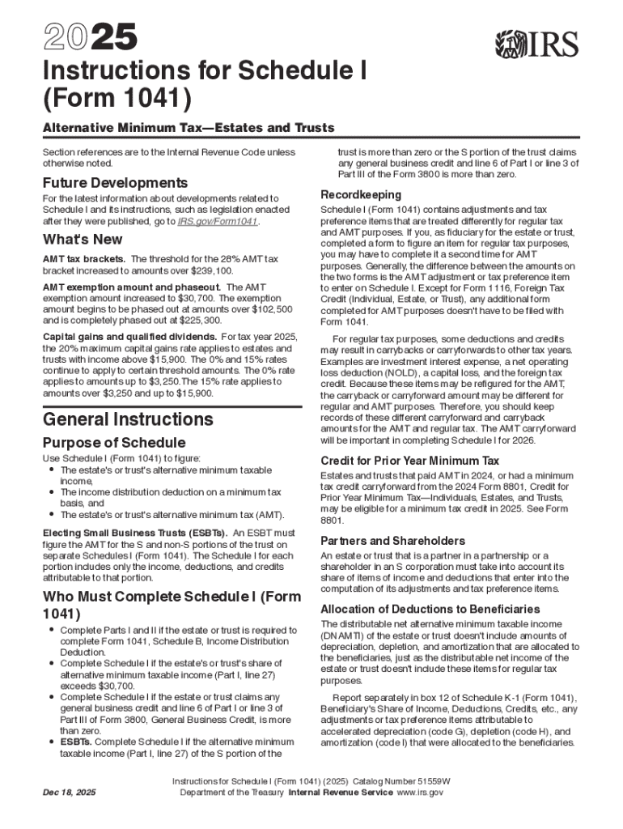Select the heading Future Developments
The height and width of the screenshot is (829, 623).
115,183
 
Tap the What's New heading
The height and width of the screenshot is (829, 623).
83,240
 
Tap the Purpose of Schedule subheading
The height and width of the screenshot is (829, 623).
114,443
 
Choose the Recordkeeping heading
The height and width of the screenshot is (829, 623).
361,195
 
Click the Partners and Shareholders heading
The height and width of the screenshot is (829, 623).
392,540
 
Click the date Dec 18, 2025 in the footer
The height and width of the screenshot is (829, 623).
69,793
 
